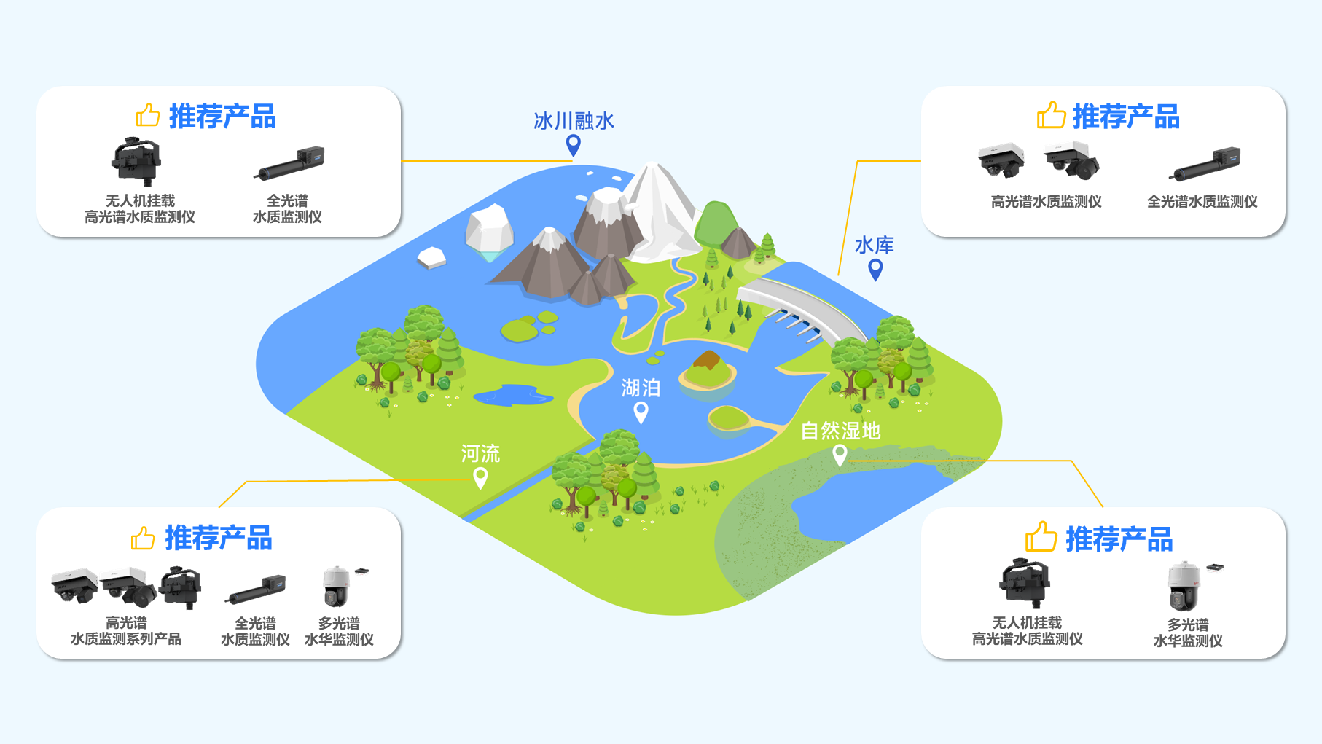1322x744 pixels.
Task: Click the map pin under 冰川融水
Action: point(574,145)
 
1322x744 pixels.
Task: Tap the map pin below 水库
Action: point(875,270)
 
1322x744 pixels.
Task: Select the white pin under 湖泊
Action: point(641,412)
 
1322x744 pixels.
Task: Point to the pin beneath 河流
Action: point(480,478)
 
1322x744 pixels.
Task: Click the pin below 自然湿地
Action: point(840,455)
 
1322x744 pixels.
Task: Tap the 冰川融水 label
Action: point(574,120)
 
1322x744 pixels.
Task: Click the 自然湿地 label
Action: point(840,431)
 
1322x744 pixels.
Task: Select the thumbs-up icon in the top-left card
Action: point(148,115)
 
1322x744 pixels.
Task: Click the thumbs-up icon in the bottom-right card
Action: point(1041,537)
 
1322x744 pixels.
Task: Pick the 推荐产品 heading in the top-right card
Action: point(1126,117)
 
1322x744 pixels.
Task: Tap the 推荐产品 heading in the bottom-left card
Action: point(219,539)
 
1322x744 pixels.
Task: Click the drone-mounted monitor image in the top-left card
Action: point(136,161)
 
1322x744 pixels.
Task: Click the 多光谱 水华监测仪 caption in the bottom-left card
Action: point(339,631)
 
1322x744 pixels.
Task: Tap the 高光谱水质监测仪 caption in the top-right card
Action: point(1046,202)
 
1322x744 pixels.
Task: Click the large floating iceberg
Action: point(489,231)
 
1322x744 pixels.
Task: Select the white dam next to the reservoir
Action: point(802,310)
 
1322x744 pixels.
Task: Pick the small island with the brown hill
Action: point(707,370)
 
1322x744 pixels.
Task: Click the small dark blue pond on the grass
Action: point(513,395)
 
